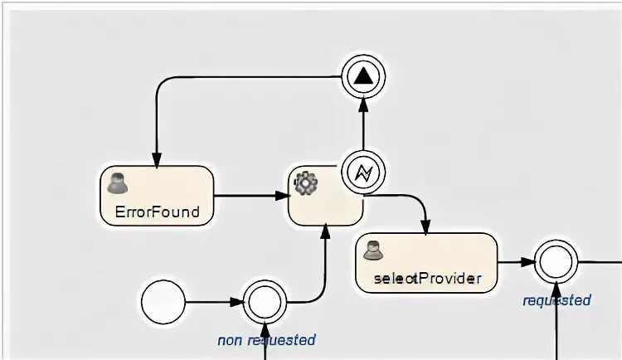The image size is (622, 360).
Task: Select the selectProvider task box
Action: (x=426, y=262)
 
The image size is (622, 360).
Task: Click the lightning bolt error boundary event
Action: (x=362, y=172)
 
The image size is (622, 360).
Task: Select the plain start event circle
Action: (x=163, y=302)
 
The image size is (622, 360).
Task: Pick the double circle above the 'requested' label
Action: (x=555, y=262)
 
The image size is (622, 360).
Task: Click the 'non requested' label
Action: (x=266, y=339)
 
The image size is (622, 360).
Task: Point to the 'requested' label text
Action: (x=556, y=299)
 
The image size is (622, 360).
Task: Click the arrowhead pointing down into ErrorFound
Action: (x=155, y=158)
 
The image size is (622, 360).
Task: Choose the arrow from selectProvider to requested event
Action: (x=515, y=262)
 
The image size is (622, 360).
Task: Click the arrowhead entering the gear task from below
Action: (x=324, y=233)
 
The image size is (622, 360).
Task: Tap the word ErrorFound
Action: (x=157, y=212)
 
